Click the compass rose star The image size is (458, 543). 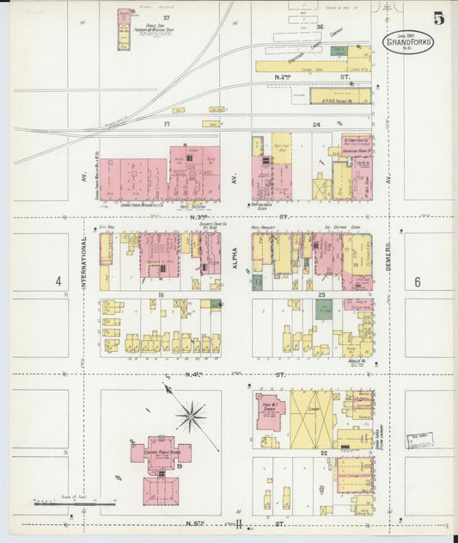(x=190, y=416)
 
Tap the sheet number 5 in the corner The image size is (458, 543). (x=439, y=19)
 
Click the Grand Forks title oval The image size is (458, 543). (x=408, y=43)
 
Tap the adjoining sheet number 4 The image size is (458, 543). (x=58, y=281)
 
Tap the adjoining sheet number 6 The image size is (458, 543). (x=418, y=281)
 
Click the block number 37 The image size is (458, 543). (x=167, y=18)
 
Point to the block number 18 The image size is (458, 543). (x=161, y=294)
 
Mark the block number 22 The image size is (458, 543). (x=324, y=452)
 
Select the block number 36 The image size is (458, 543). (x=319, y=27)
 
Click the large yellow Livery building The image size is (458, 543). (x=311, y=419)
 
